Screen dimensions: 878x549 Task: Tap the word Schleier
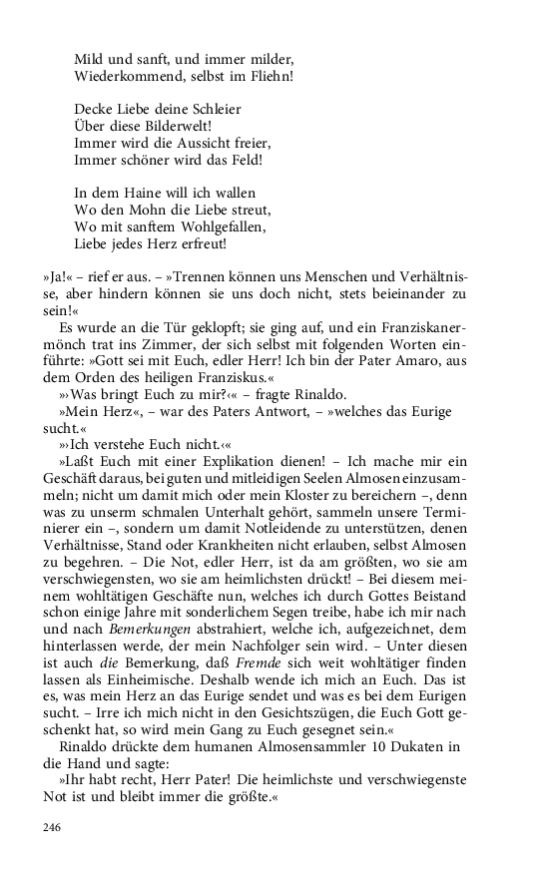[214, 109]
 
